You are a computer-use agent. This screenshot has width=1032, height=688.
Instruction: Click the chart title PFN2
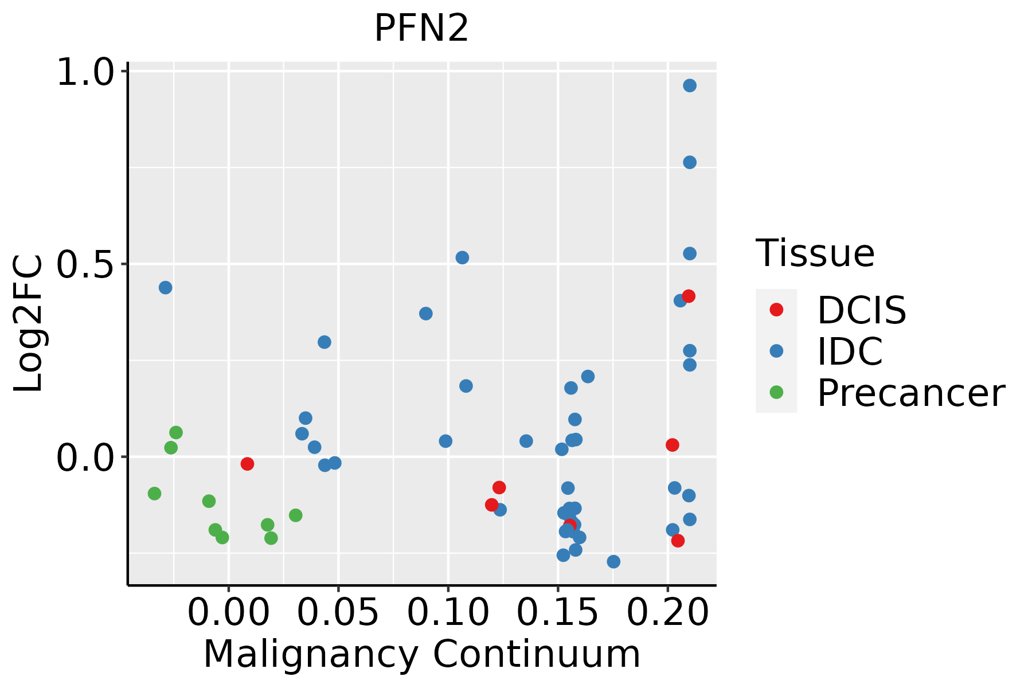pyautogui.click(x=421, y=29)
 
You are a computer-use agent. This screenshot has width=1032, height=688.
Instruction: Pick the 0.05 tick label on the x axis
pyautogui.click(x=338, y=613)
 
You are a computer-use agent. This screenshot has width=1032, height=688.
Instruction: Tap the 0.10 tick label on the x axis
pyautogui.click(x=448, y=613)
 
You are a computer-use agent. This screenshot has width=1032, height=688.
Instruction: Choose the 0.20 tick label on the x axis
pyautogui.click(x=667, y=613)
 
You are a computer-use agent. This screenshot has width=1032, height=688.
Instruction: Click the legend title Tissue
pyautogui.click(x=815, y=253)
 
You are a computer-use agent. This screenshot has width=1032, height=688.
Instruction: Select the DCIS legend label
pyautogui.click(x=861, y=310)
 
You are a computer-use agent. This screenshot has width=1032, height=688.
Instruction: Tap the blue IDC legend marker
pyautogui.click(x=776, y=351)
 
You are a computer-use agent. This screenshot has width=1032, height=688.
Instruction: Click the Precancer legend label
pyautogui.click(x=910, y=393)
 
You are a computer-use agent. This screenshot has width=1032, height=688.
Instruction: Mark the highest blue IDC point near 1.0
pyautogui.click(x=690, y=85)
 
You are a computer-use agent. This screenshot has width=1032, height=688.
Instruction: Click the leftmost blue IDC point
pyautogui.click(x=165, y=287)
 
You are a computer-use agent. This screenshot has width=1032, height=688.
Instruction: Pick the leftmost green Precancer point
pyautogui.click(x=154, y=493)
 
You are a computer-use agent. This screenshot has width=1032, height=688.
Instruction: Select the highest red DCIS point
pyautogui.click(x=689, y=296)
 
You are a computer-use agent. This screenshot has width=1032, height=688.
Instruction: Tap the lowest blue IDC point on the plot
pyautogui.click(x=613, y=561)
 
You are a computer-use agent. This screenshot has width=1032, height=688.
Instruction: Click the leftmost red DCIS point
pyautogui.click(x=247, y=463)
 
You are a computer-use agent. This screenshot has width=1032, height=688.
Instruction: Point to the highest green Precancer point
pyautogui.click(x=176, y=432)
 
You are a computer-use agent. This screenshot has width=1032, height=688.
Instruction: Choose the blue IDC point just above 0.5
pyautogui.click(x=462, y=257)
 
